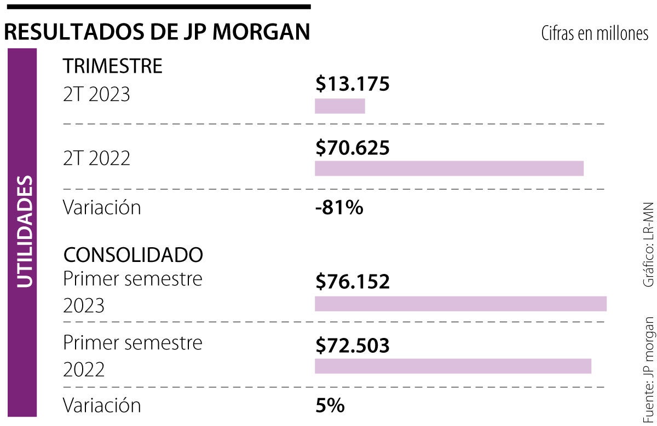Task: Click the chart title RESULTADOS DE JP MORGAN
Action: [157, 32]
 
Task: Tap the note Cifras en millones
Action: [595, 34]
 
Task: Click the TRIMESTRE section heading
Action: [113, 66]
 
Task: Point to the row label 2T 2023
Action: [96, 95]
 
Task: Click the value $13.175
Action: [352, 84]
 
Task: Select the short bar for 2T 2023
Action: [339, 106]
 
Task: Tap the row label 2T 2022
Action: [96, 158]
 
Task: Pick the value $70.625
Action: [352, 148]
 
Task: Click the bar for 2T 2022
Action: [449, 168]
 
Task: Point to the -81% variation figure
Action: [339, 208]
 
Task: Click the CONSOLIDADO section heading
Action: [133, 254]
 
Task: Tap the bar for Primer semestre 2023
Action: [460, 304]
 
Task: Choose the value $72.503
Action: [352, 346]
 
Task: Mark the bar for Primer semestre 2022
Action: [453, 366]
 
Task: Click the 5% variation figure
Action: [330, 405]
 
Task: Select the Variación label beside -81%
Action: [102, 208]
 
